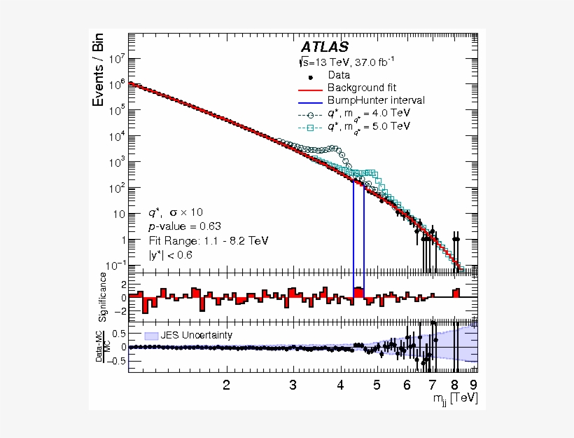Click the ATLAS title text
point(324,47)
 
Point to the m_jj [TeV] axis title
point(455,398)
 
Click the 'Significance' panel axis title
point(102,299)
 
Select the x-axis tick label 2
point(226,385)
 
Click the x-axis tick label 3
point(293,385)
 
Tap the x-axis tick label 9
point(473,385)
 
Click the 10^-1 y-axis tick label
point(115,266)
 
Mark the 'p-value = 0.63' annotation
point(184,226)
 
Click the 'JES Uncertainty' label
point(196,335)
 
